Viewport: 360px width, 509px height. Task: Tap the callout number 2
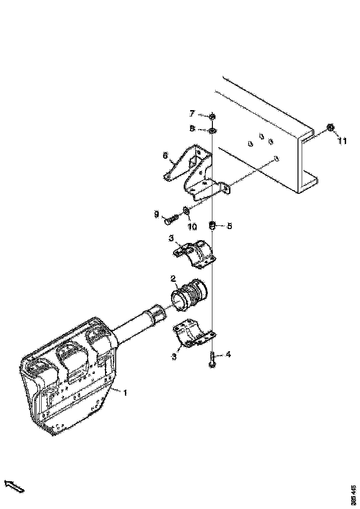(x=173, y=279)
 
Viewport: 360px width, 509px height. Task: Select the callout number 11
(x=341, y=141)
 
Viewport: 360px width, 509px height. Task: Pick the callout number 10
(x=192, y=227)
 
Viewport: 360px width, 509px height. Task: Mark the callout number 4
(x=228, y=355)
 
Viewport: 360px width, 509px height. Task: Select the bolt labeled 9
(x=171, y=219)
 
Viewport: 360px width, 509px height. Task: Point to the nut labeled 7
(x=212, y=116)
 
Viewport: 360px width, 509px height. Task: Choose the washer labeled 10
(x=186, y=211)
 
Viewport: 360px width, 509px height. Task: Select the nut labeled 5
(x=212, y=226)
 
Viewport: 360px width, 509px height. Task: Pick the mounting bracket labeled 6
(x=194, y=171)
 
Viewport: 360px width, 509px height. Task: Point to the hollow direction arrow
(x=14, y=486)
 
